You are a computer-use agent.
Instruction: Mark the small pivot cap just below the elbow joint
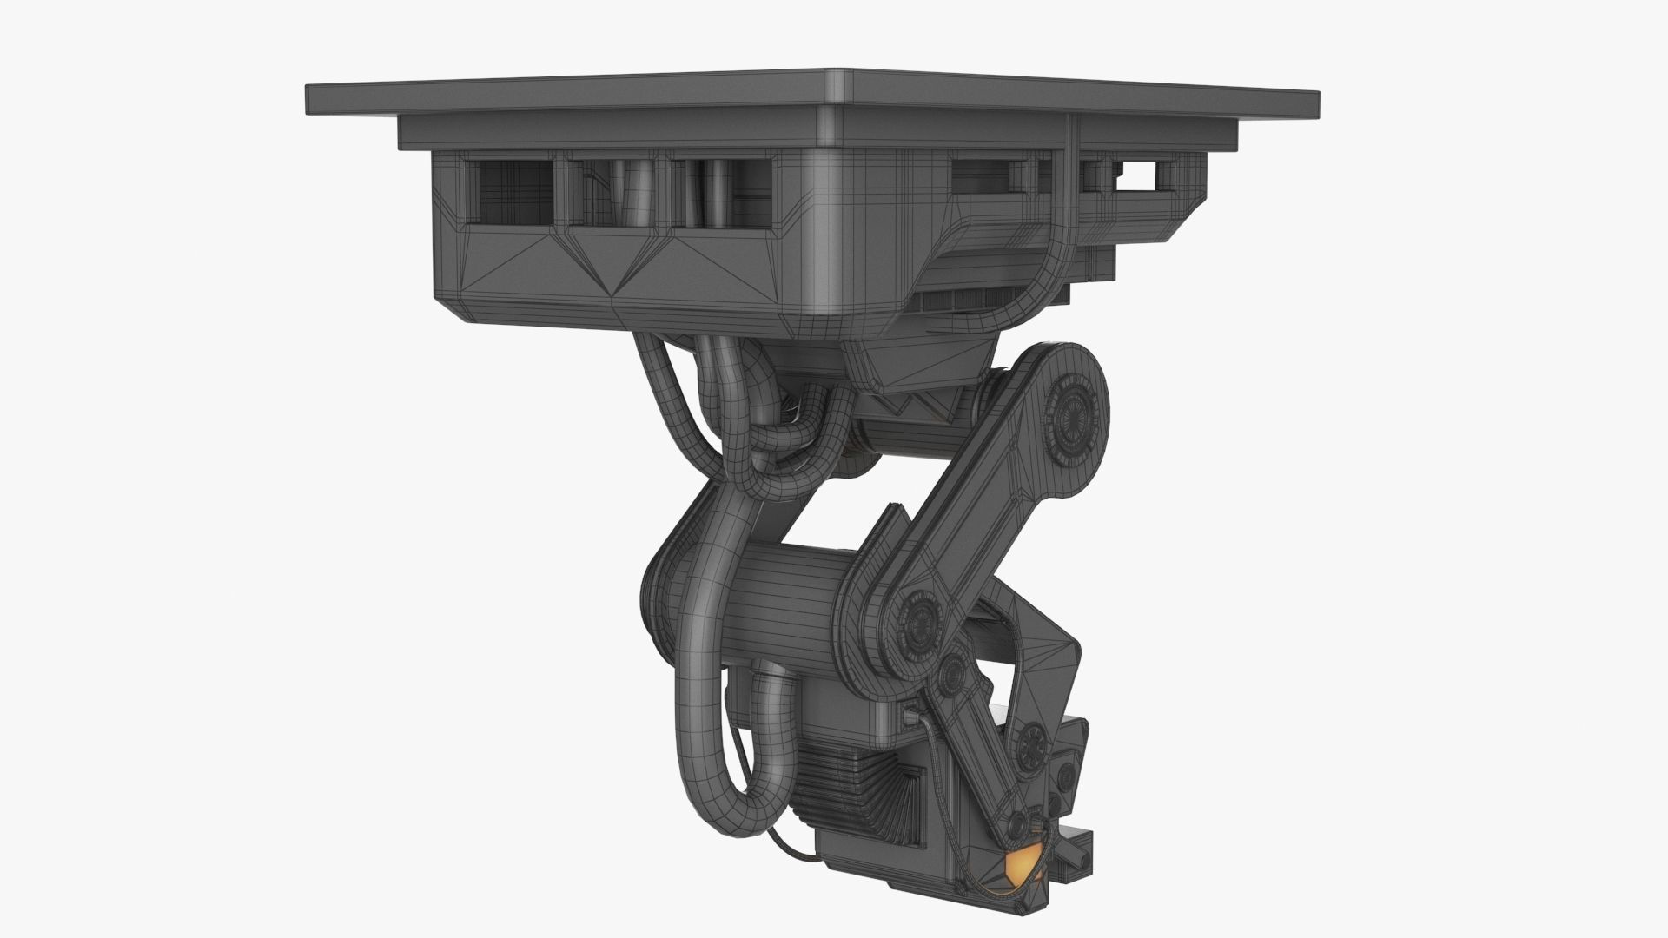click(954, 670)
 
